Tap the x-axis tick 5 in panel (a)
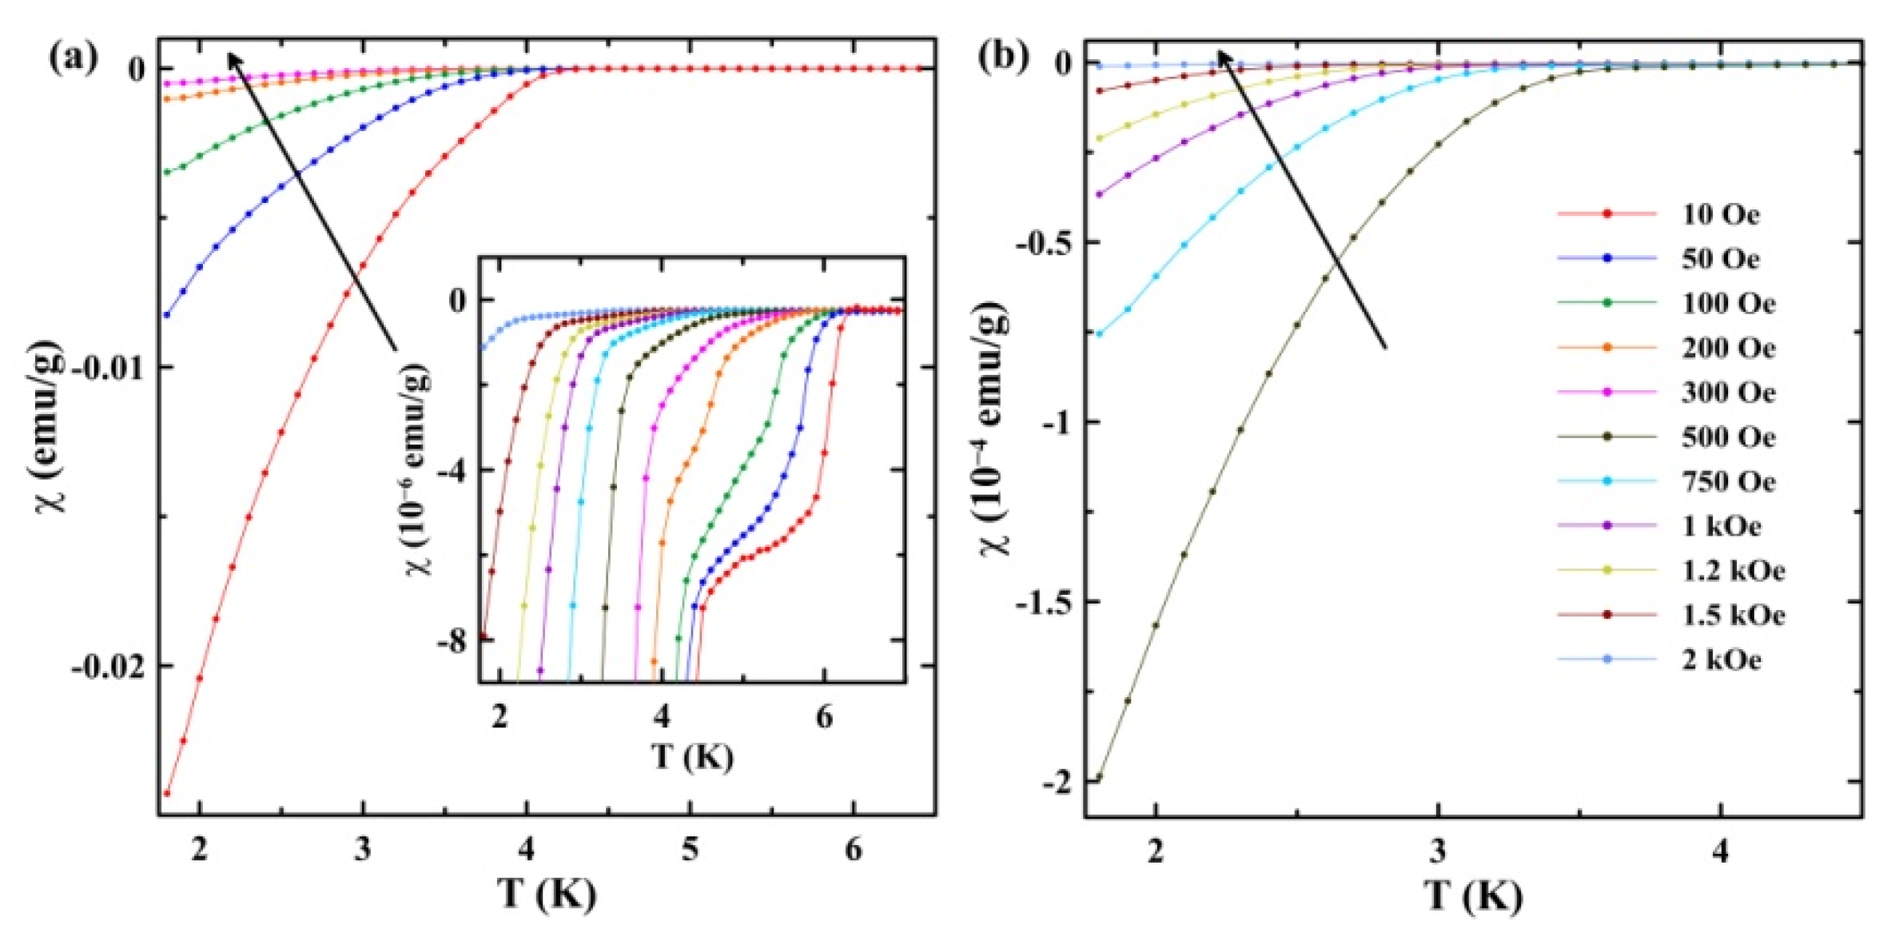(x=690, y=849)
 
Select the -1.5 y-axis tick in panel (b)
(x=1041, y=601)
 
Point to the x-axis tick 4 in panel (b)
(x=1720, y=851)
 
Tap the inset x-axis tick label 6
(x=824, y=717)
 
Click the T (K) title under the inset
(x=692, y=756)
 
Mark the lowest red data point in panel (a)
(x=167, y=793)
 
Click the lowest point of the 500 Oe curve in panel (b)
(x=1099, y=777)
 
